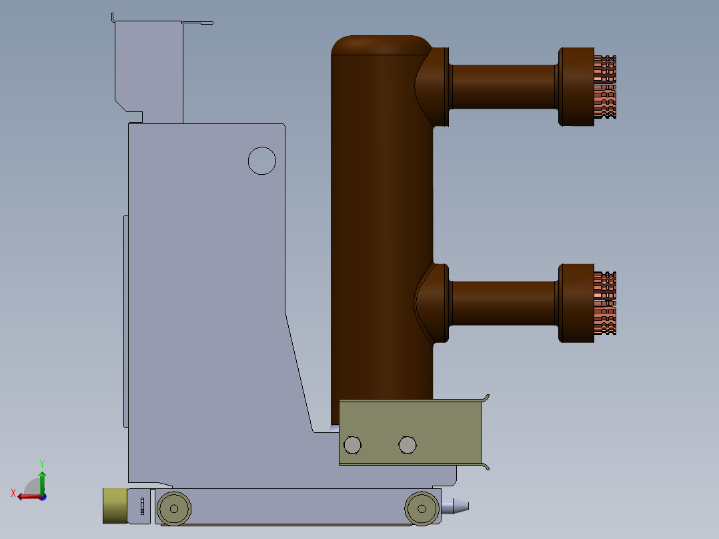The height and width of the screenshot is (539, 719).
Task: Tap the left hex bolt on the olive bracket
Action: [x=352, y=445]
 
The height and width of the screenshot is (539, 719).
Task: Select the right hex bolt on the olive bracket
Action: [x=407, y=445]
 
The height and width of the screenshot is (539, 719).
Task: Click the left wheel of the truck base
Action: [x=174, y=509]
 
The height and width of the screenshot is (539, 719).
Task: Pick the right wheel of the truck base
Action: [x=422, y=509]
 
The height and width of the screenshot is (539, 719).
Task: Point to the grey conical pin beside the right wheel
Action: [x=455, y=506]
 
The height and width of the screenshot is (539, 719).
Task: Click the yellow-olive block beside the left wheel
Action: [x=115, y=506]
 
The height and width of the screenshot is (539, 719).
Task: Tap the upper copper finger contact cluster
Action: [x=605, y=87]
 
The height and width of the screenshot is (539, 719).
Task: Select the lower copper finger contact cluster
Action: [x=605, y=304]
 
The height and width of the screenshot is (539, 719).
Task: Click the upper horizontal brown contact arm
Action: [x=504, y=87]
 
